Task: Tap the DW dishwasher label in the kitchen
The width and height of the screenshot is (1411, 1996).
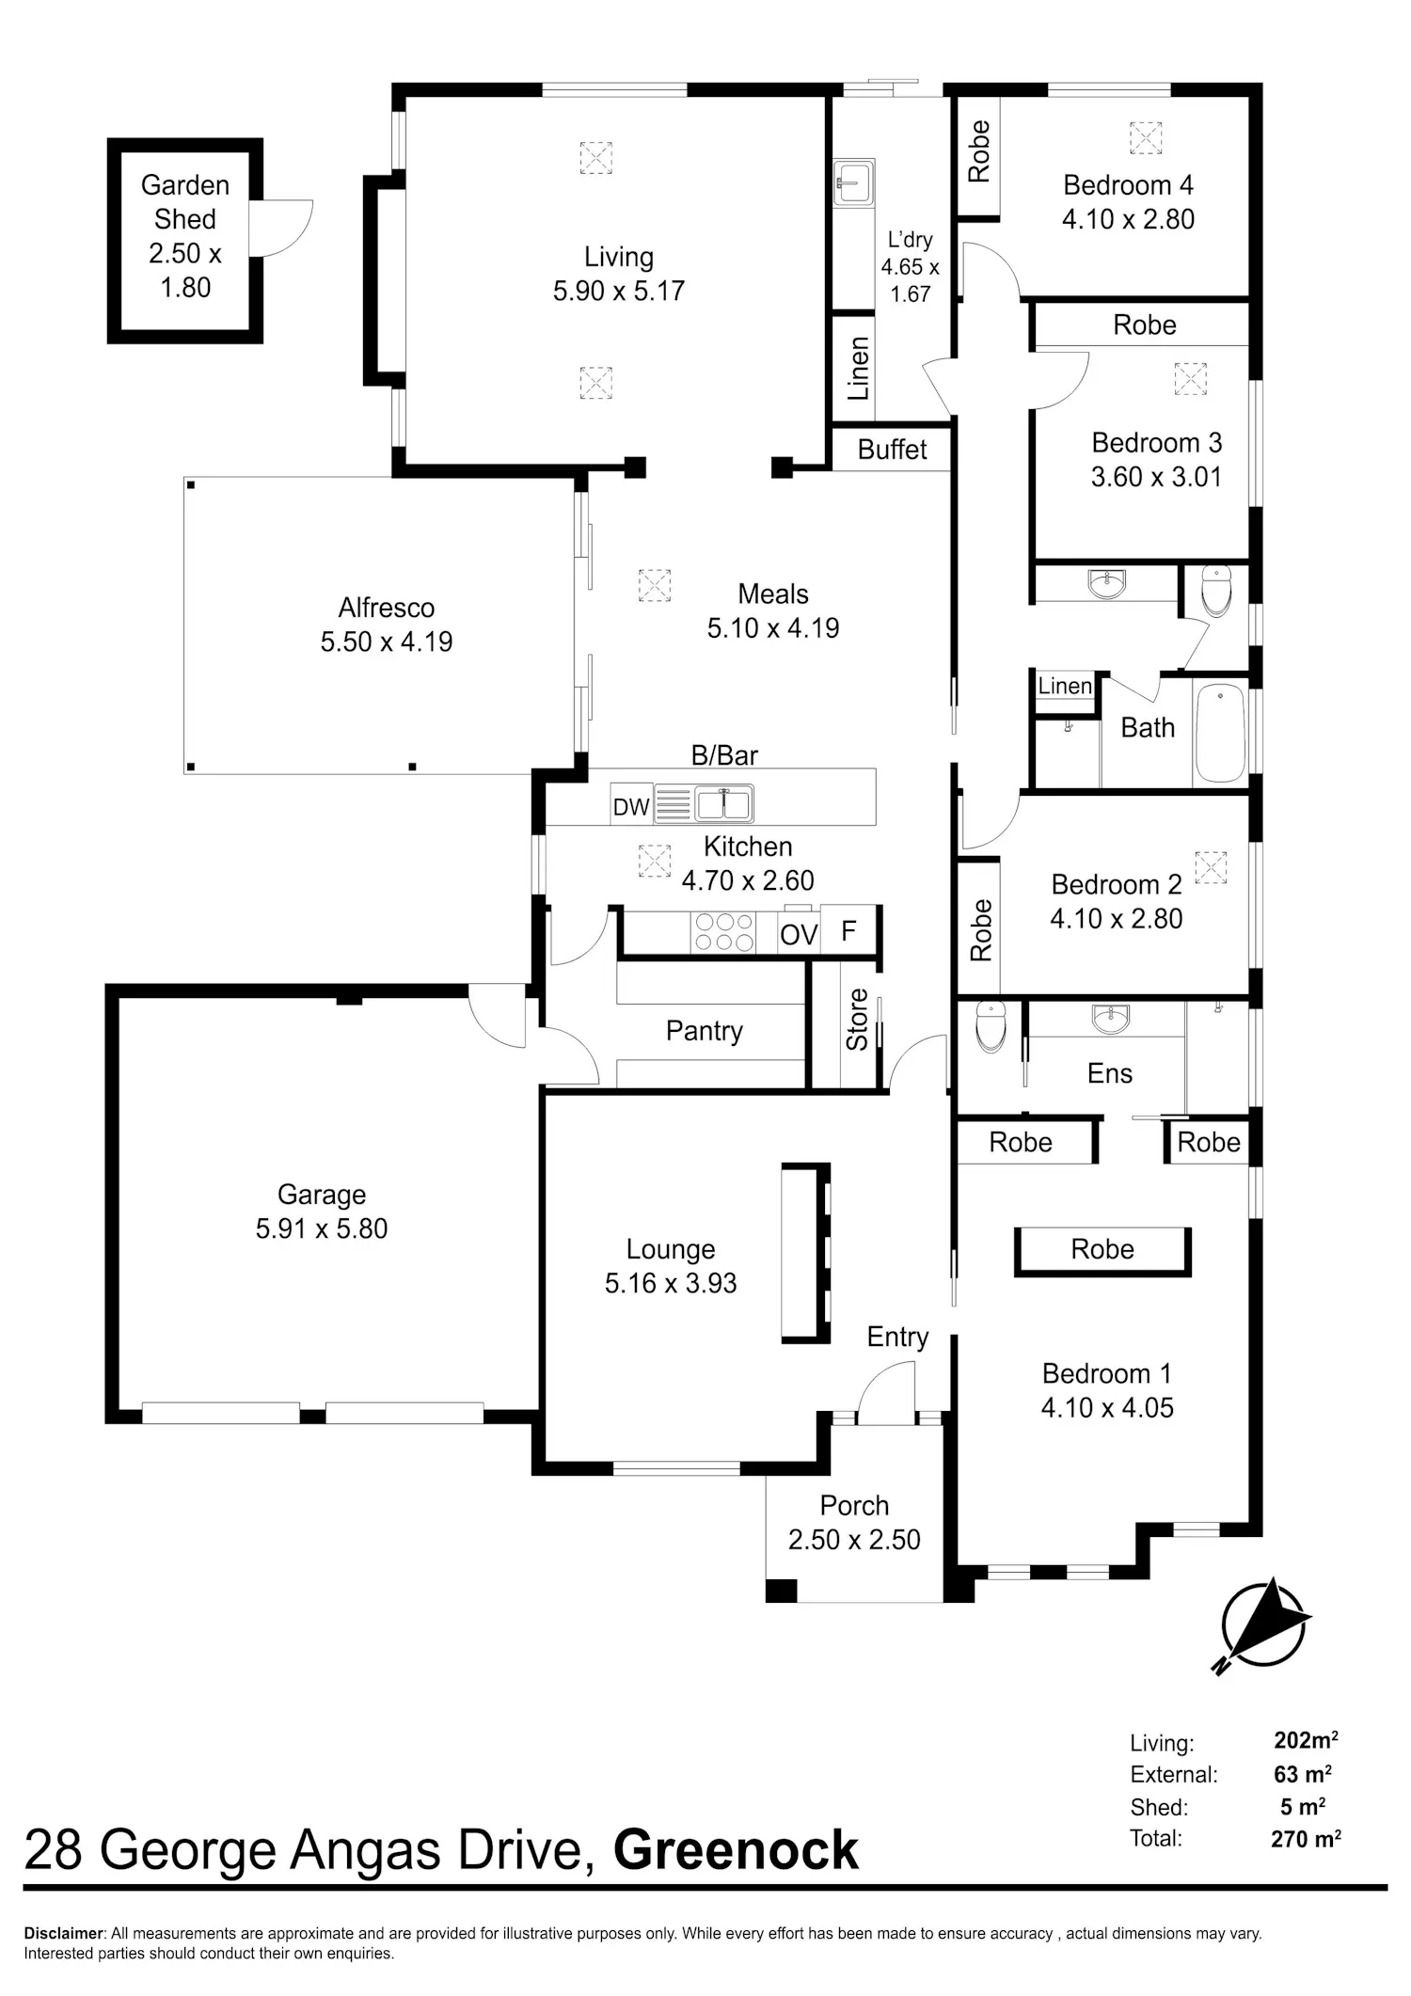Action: point(631,806)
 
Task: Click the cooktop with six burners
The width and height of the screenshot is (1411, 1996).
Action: point(722,932)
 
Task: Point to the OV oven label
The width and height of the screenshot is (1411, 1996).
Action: point(799,935)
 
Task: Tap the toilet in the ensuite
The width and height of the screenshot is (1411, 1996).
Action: point(991,1025)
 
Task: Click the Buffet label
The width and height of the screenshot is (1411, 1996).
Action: point(892,450)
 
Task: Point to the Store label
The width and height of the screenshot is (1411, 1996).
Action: point(857,1020)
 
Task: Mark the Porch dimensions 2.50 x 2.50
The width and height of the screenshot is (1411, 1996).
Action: point(854,1540)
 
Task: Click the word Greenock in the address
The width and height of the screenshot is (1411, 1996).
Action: point(736,1850)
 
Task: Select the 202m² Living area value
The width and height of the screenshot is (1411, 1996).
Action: point(1306,1740)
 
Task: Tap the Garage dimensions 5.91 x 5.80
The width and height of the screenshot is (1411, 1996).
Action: point(322,1228)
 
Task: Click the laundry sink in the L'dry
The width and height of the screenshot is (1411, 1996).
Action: point(854,182)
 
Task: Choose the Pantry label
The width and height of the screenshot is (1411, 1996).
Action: point(704,1032)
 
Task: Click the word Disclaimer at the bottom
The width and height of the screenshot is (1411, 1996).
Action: point(63,1934)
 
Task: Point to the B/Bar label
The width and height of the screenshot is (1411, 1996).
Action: point(724,755)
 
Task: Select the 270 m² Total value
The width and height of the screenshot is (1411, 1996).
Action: point(1306,1838)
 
